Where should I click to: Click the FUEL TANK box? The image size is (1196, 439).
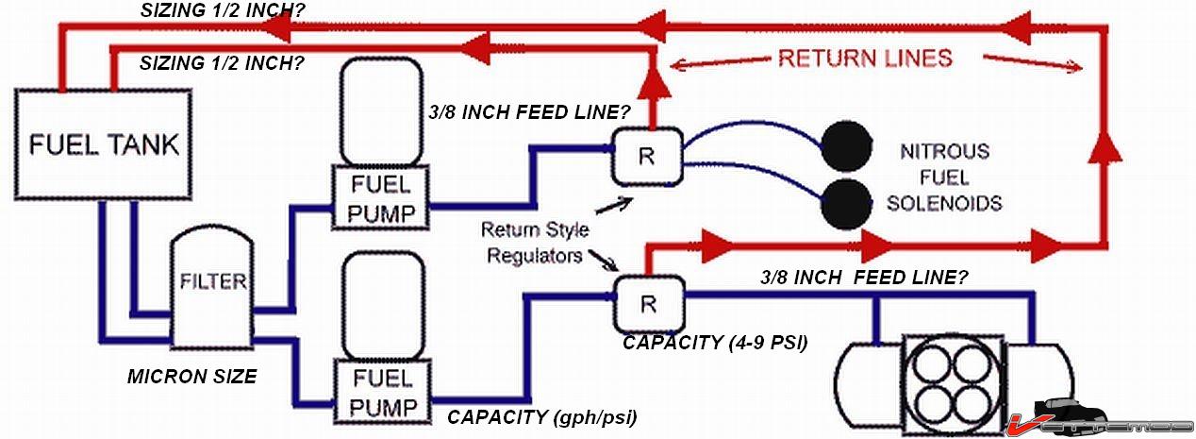point(103,144)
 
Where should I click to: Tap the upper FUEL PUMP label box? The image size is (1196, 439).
point(380,197)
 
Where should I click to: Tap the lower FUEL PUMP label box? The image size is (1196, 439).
point(380,392)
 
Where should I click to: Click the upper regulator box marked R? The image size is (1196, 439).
point(646,156)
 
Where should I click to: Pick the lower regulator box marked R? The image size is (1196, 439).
point(648,303)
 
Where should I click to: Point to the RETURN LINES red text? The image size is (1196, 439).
point(864,59)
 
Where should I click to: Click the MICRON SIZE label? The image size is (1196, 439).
point(191,377)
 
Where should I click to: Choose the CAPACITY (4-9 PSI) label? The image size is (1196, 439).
point(715,343)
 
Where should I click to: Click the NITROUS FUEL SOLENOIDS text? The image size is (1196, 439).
point(943,177)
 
